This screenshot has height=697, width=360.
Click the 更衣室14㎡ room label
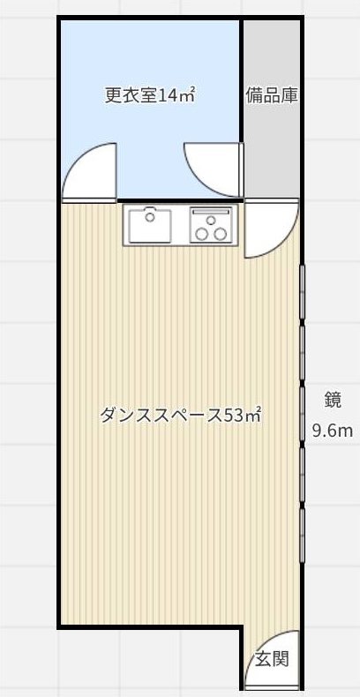[150, 95]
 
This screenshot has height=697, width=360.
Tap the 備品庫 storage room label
[272, 95]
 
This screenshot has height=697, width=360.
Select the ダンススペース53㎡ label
[180, 416]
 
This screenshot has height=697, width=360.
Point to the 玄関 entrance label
[272, 658]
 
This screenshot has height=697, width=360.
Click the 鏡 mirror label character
[332, 400]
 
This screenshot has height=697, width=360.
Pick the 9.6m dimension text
[332, 431]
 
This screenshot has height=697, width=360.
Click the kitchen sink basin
[150, 225]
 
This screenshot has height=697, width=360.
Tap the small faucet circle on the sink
[150, 217]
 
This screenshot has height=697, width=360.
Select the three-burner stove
[211, 225]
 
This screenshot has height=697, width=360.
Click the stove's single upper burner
[211, 220]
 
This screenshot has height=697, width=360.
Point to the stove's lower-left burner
[203, 234]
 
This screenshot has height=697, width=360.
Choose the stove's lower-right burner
[220, 234]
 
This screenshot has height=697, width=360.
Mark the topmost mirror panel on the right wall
[303, 292]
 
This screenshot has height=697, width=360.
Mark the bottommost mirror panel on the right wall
[303, 536]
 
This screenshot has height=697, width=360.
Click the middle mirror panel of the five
[303, 414]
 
